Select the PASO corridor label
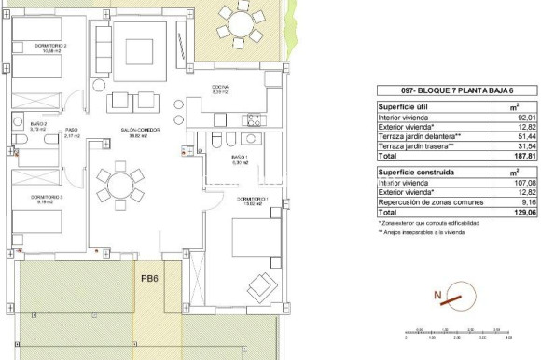point(70,132)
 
